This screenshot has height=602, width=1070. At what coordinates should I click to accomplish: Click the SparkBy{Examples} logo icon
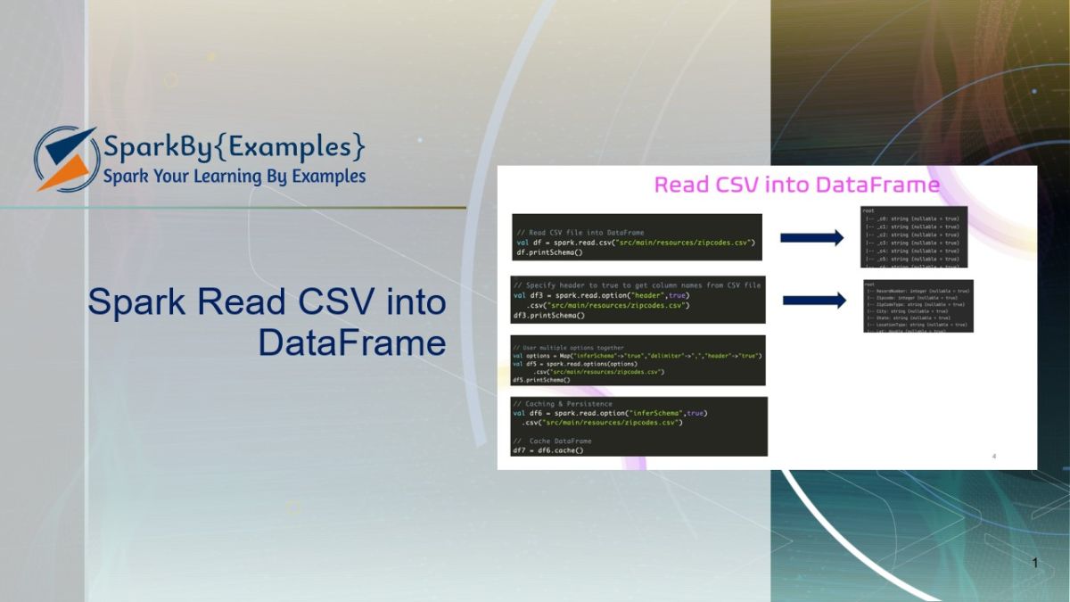point(65,159)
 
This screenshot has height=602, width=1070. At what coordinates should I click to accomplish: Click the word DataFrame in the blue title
point(352,343)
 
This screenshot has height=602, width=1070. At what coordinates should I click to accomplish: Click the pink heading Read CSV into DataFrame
point(796,185)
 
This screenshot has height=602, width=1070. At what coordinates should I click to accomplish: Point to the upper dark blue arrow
point(811,237)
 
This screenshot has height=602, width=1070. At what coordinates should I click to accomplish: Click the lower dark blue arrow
point(813,301)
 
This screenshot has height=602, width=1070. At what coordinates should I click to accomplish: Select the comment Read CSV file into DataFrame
point(586,233)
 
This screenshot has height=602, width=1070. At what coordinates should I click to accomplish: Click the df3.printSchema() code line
point(548,315)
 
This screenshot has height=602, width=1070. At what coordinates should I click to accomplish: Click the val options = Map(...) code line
point(636,356)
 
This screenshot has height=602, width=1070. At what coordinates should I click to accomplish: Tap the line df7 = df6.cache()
point(547,450)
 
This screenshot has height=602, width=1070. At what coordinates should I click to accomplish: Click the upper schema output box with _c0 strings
point(914,236)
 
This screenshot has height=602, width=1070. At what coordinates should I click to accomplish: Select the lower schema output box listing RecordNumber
point(918,306)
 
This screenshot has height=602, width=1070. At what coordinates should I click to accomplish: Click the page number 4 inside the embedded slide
point(994,457)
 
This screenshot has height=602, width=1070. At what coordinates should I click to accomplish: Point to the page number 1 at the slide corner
point(1034,563)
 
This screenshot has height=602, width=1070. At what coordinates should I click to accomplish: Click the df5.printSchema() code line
point(541,379)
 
